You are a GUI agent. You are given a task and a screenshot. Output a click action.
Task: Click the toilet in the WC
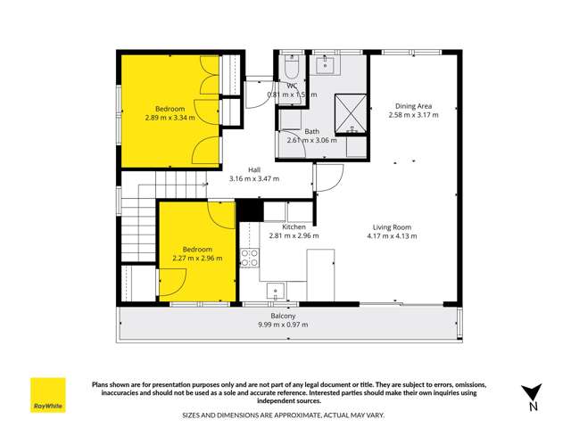[x=290, y=69]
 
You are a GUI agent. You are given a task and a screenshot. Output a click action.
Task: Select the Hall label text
[x=254, y=169]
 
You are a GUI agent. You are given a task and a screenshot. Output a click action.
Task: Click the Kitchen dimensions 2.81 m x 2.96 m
[x=294, y=236]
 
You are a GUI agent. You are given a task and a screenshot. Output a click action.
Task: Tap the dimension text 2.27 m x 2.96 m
[x=197, y=259]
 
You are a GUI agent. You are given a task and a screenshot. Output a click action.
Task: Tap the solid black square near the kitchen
[x=248, y=210]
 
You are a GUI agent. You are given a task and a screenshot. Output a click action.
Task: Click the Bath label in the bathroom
[x=311, y=132]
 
